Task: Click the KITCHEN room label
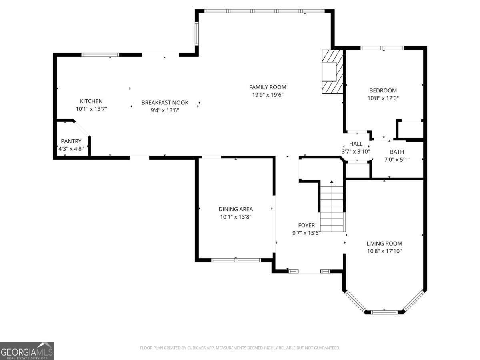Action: coord(91,102)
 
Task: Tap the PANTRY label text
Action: coord(71,141)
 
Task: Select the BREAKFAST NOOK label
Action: coord(165,103)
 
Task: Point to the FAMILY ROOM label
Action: coord(268,87)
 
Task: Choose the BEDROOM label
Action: coord(383,91)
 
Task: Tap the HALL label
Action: coord(356,144)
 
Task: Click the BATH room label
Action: coord(397,152)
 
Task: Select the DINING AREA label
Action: coord(236,209)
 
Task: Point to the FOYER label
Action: coord(306,226)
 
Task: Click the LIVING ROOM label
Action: coord(384,244)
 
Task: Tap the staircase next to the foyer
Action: coord(332,206)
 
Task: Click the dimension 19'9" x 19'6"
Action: coord(268,95)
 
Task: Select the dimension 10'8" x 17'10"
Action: coord(384,251)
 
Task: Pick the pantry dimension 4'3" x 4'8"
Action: coord(71,149)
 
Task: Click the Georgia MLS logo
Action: coord(27,351)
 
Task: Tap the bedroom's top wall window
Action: coord(382,48)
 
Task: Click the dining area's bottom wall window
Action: coord(236,260)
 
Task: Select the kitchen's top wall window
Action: coord(100,55)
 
